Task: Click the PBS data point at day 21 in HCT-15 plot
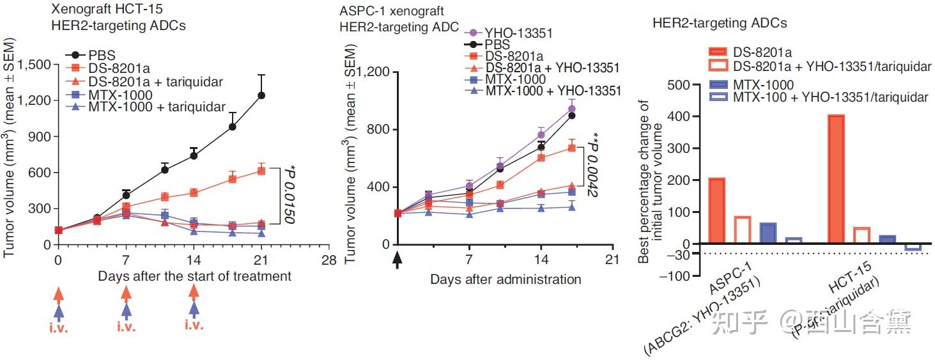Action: click(261, 95)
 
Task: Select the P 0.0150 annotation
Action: click(290, 196)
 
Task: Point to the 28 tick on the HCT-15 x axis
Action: click(328, 261)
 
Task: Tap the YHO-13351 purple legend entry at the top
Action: click(519, 33)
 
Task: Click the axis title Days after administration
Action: click(506, 279)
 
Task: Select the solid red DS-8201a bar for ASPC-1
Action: click(717, 211)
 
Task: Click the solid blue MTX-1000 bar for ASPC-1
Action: click(768, 233)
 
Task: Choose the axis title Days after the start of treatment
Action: click(194, 276)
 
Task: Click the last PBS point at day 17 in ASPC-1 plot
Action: click(572, 116)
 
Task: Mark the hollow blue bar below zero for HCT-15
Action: click(913, 247)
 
